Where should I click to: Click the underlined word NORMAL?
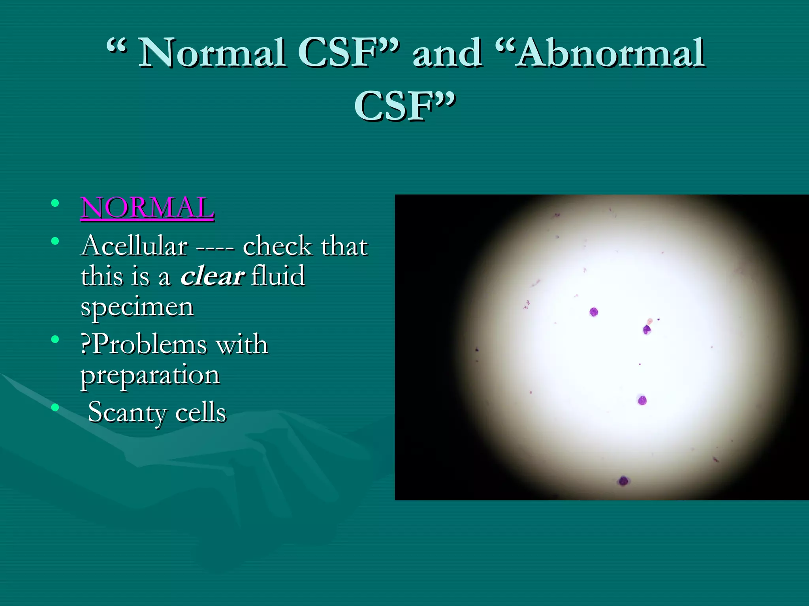147,208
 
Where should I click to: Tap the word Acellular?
134,246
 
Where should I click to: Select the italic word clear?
213,276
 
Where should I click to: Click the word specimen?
137,307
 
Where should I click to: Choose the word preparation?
150,375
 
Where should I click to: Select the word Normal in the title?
212,53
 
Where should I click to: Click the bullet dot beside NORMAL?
55,204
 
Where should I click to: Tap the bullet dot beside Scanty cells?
55,407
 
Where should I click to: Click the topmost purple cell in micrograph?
594,312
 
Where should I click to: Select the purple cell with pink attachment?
647,329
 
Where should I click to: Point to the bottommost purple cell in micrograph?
623,481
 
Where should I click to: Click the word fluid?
278,276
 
